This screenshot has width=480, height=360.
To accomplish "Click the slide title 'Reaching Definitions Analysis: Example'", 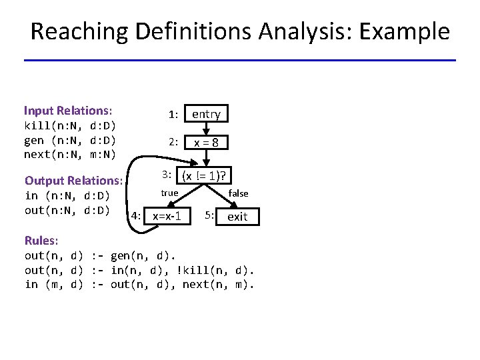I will pyautogui.click(x=240, y=31).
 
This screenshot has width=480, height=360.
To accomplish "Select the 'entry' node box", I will pyautogui.click(x=206, y=114).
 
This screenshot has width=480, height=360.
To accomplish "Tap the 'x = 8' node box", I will pyautogui.click(x=206, y=143).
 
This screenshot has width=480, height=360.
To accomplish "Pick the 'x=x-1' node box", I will pyautogui.click(x=167, y=216).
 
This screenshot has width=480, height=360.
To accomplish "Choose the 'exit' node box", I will pyautogui.click(x=237, y=216).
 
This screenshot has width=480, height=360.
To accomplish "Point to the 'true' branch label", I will pyautogui.click(x=169, y=193).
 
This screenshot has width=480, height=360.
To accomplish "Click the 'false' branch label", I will pyautogui.click(x=238, y=193).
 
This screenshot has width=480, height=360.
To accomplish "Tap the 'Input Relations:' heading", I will pyautogui.click(x=68, y=111).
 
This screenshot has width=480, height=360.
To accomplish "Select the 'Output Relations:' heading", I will pyautogui.click(x=73, y=180).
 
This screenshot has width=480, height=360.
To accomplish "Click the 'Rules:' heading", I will pyautogui.click(x=41, y=240).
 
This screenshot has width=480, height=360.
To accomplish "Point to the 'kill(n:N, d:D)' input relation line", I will pyautogui.click(x=70, y=125).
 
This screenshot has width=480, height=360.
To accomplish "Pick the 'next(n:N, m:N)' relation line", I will pyautogui.click(x=70, y=155).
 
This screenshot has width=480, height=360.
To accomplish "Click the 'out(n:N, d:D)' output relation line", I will pyautogui.click(x=67, y=211).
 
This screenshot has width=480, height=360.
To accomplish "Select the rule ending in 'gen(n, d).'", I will pyautogui.click(x=100, y=255).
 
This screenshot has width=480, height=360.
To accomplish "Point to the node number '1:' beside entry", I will pyautogui.click(x=173, y=115).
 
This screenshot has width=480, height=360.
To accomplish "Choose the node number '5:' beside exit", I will pyautogui.click(x=209, y=215).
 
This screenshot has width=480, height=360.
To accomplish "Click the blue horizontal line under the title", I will pyautogui.click(x=240, y=61).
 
